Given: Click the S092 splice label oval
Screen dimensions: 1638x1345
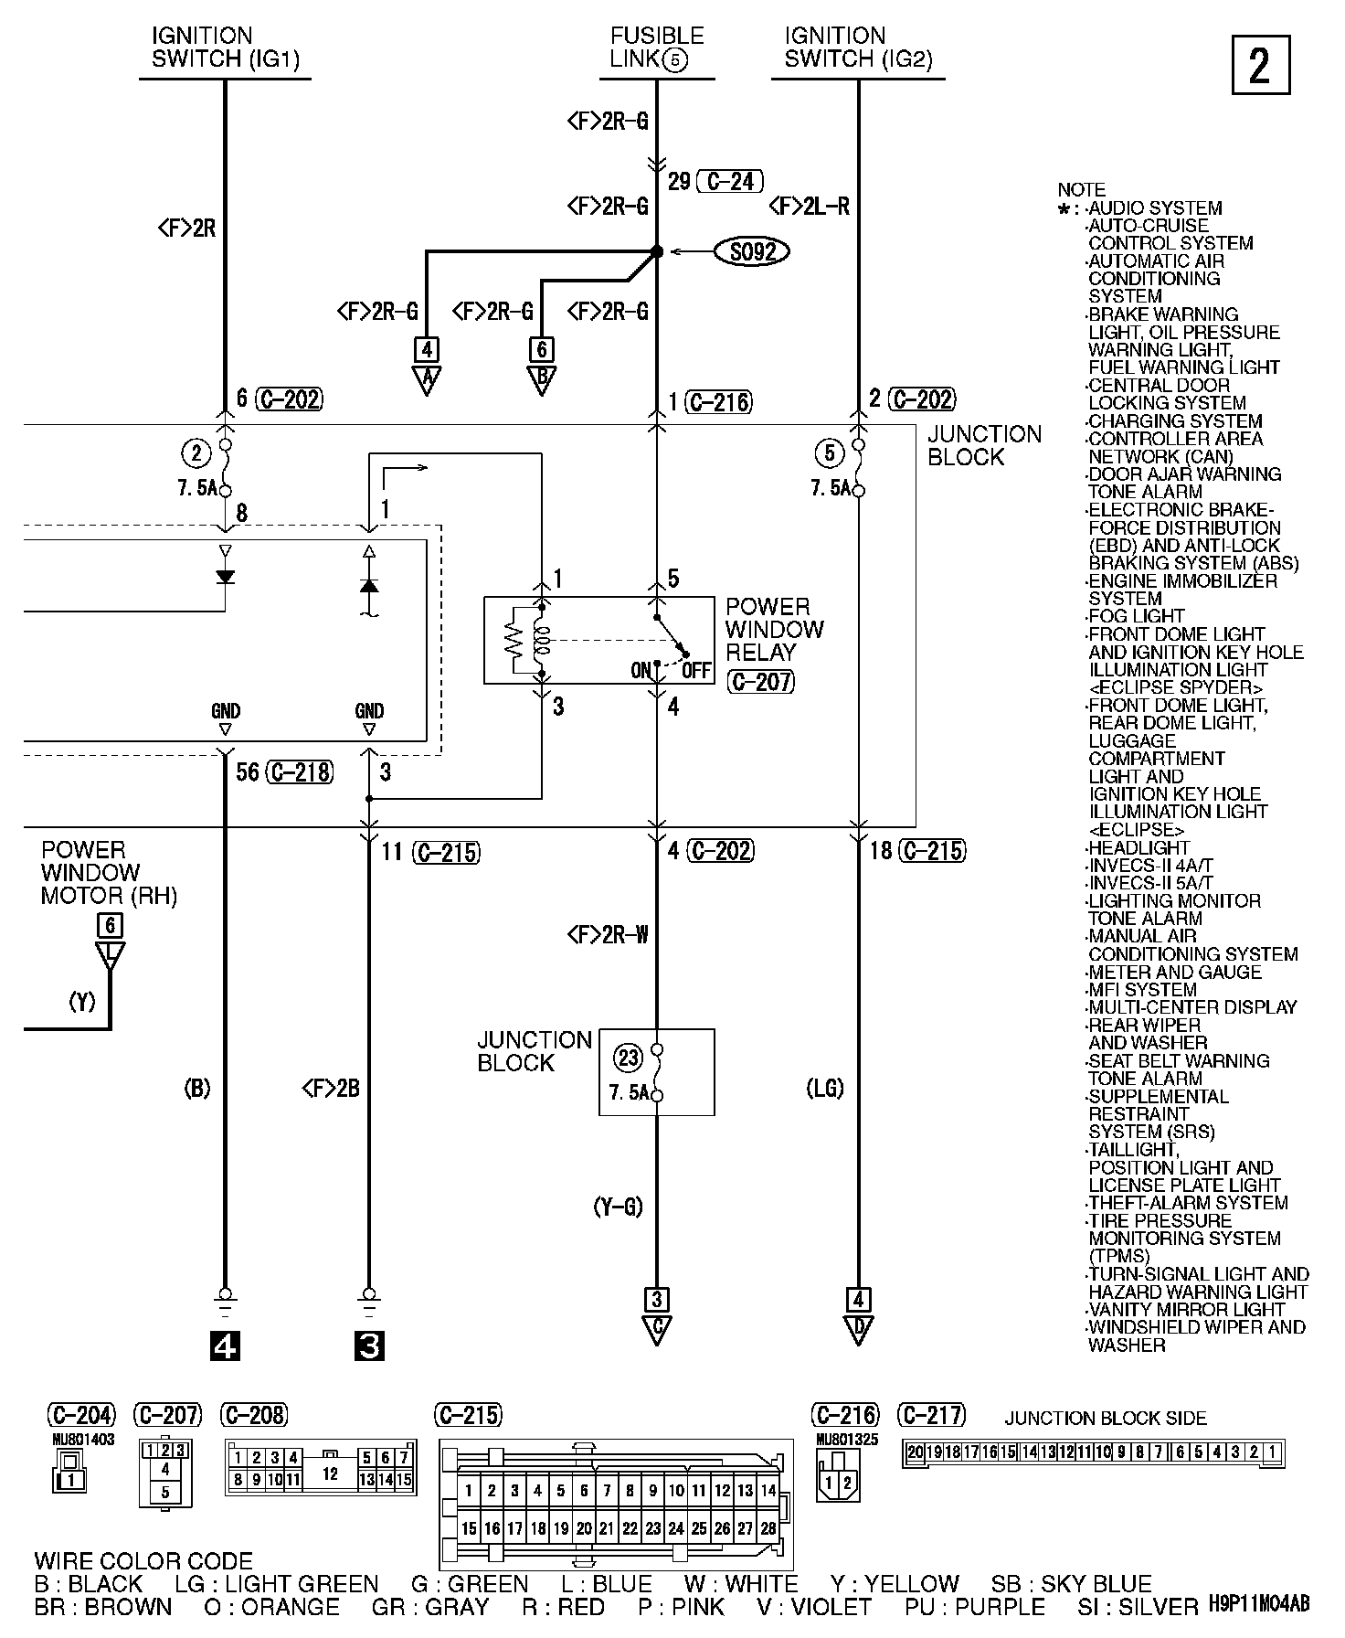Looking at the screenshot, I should coord(753,251).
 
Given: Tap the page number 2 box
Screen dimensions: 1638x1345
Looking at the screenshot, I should coord(1261,66).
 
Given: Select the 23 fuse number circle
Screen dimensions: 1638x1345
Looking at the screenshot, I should coord(629,1058).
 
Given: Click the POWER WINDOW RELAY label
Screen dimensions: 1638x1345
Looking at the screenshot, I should coord(774,629).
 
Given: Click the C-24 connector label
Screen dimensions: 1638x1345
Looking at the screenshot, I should coord(729,181).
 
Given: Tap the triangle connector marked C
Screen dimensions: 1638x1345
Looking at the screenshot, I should coord(656,1329).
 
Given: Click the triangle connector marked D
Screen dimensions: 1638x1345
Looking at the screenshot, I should coord(857,1329).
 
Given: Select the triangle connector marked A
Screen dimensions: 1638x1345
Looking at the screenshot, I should coord(426,378).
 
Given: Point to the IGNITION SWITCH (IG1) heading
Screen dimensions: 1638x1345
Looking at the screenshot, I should coord(225,48).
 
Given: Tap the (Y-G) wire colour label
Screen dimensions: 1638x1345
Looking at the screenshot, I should coord(618,1207).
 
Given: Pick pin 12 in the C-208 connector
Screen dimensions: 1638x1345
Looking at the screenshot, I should coord(330,1474).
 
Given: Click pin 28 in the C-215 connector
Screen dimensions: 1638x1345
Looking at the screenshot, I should coord(768,1527).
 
